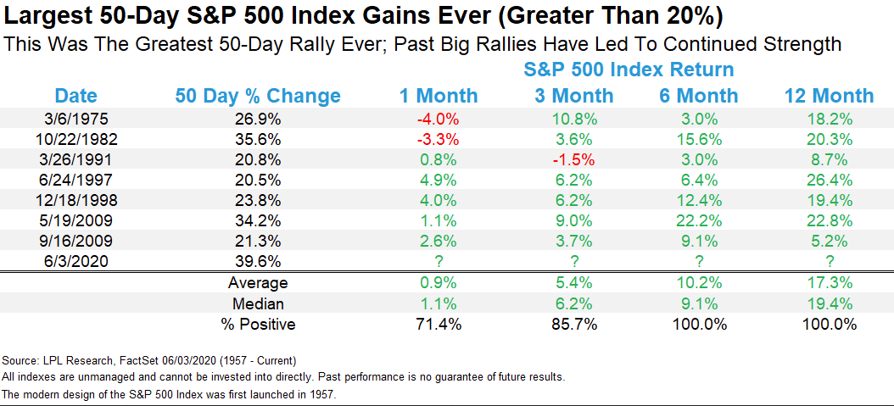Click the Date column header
(75, 96)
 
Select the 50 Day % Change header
(257, 96)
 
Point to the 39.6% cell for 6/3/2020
(257, 261)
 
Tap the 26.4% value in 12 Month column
(829, 181)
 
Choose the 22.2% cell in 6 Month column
(699, 221)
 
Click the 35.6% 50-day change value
(257, 140)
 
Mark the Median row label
(258, 303)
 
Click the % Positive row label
(258, 325)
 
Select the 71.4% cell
(438, 325)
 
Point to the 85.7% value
(574, 325)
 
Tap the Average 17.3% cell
(829, 282)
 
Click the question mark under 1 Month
(438, 261)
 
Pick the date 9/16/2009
(75, 242)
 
